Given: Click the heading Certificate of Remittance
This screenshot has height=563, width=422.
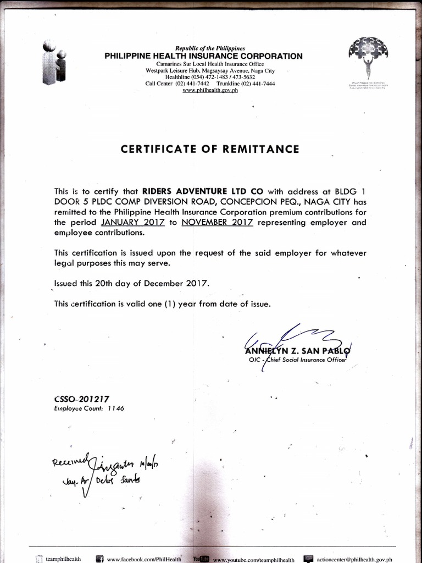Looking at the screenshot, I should click(x=210, y=149).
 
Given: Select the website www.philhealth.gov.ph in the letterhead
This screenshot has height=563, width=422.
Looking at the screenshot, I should click(x=210, y=90).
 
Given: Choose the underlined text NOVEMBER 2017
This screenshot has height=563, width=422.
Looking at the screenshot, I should click(x=216, y=223).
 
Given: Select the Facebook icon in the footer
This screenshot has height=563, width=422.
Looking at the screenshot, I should click(x=100, y=559).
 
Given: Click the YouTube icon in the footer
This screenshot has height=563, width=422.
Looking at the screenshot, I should click(x=200, y=559).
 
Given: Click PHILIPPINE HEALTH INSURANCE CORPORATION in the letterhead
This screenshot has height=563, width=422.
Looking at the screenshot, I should click(x=203, y=56).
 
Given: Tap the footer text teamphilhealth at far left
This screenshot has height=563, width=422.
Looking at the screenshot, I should click(x=63, y=559).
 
